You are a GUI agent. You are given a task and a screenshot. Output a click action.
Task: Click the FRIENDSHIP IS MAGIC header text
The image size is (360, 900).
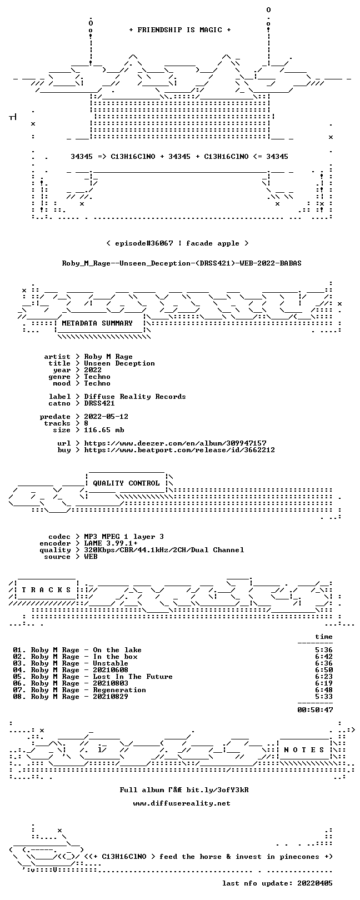(180, 30)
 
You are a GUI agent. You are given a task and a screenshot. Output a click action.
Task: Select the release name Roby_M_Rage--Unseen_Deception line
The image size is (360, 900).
(182, 263)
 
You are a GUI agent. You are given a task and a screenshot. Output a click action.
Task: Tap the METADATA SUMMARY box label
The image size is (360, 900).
(97, 323)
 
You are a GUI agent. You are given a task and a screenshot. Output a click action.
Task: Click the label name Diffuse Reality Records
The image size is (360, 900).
(135, 397)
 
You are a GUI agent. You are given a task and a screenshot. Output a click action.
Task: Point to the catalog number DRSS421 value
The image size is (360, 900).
(99, 403)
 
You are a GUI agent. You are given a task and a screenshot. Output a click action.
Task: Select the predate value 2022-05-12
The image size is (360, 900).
(106, 416)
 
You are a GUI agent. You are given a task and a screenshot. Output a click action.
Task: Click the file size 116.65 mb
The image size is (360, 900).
(104, 430)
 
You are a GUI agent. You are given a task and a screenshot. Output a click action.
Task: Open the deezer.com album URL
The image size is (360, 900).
(175, 443)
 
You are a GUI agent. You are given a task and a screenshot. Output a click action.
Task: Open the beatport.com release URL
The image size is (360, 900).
(179, 450)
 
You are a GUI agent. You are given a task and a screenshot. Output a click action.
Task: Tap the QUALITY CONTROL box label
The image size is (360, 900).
(126, 483)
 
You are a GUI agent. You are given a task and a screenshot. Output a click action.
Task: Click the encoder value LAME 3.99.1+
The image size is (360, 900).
(111, 543)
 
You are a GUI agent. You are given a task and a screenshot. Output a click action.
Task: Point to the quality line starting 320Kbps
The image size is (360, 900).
(164, 550)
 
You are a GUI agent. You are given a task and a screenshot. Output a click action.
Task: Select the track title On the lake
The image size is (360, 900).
(117, 649)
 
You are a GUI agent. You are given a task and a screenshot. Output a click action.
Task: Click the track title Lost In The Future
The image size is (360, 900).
(133, 676)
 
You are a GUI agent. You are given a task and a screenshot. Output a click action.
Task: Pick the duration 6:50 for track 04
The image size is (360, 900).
(324, 670)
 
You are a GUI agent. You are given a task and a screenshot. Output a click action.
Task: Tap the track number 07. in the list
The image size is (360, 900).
(19, 690)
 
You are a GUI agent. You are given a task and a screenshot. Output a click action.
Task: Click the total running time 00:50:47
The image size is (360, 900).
(316, 709)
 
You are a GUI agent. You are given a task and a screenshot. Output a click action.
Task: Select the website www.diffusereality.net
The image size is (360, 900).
(182, 803)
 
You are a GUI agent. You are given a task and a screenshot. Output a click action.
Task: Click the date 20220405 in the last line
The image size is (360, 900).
(315, 883)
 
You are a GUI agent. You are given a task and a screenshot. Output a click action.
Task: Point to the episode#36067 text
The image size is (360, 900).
(144, 243)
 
